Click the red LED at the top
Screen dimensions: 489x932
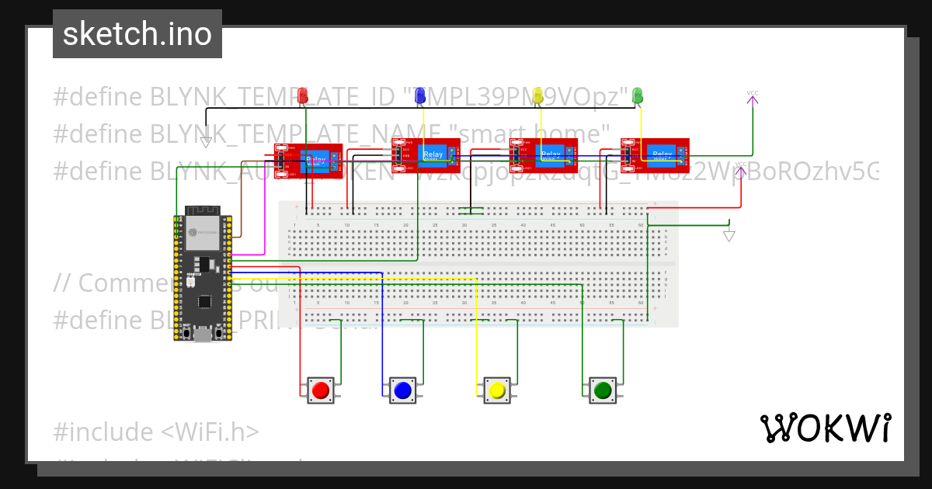point(303,95)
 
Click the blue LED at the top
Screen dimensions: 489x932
point(420,95)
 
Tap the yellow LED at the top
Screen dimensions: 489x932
point(537,95)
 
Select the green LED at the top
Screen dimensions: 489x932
point(638,95)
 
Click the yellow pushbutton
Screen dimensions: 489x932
point(497,390)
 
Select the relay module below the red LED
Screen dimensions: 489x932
point(308,161)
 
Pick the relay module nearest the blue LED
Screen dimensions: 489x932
point(426,155)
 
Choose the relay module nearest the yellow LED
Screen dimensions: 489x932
point(544,155)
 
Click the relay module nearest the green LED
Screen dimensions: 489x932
point(655,155)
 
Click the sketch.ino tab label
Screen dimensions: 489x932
point(137,34)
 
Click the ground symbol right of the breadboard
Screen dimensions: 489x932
point(729,236)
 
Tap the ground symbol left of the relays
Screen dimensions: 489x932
point(206,142)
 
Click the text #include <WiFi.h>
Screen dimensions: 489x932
point(156,432)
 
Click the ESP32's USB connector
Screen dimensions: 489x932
point(203,335)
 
